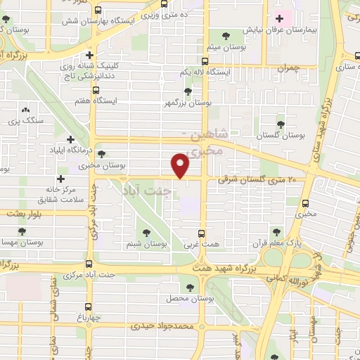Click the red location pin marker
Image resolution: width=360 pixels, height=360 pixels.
pos(181,166)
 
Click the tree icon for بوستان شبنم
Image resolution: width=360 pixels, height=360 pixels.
pos(147,232)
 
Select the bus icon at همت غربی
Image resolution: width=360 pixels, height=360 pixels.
pos(202,233)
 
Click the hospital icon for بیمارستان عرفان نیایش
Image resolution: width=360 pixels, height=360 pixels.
pos(281,19)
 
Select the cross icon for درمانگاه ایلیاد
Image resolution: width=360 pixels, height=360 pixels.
pos(70,139)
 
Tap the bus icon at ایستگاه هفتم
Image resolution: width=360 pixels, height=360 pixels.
pos(96,90)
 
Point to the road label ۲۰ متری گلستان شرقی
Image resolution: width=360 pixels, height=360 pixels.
pos(258,181)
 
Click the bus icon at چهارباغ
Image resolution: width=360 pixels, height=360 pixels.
pos(88,307)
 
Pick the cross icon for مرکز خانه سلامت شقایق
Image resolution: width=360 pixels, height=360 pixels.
pos(61,179)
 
